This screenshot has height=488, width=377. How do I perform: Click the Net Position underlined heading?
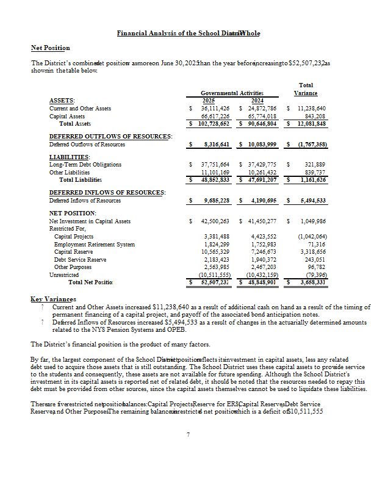(x=50, y=48)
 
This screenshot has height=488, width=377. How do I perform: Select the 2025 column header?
(x=207, y=101)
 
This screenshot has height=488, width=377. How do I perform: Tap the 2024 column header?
(x=257, y=101)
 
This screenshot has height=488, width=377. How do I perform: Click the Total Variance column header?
(x=306, y=89)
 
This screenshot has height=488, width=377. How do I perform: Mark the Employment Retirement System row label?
(x=95, y=244)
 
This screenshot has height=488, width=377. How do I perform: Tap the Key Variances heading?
(x=54, y=300)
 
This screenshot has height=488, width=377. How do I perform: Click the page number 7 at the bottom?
(x=188, y=434)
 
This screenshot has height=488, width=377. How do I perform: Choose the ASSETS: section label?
(x=62, y=101)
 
